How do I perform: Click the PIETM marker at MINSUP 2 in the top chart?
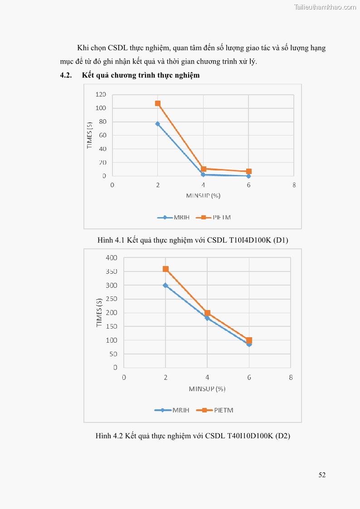click(158, 103)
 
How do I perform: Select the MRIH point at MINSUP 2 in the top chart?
click(158, 124)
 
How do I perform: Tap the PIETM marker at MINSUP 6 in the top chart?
click(249, 172)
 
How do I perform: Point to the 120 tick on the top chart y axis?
click(101, 94)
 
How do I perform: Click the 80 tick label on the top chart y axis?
click(102, 121)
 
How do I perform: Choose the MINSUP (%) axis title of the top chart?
click(203, 195)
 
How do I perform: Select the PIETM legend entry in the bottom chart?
click(215, 410)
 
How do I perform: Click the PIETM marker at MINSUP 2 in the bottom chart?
click(165, 269)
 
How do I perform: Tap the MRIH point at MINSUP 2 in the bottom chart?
click(165, 286)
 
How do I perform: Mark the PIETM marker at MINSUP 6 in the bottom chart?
click(249, 340)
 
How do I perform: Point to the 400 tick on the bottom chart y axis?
click(112, 258)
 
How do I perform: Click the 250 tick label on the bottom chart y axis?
click(112, 299)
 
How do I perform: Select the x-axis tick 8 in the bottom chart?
click(291, 377)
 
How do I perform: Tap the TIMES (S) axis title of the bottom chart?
click(99, 313)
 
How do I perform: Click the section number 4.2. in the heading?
click(66, 75)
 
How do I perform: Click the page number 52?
click(322, 475)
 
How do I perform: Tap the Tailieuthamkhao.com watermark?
click(325, 7)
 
